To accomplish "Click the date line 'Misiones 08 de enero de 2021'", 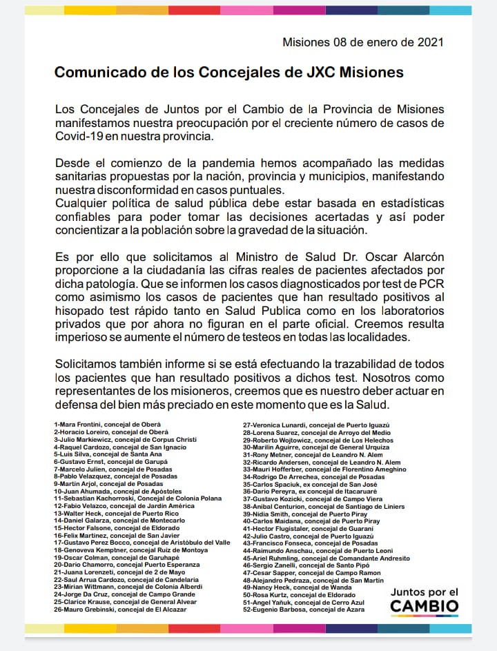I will [x=362, y=42].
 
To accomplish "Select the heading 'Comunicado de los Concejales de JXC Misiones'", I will [x=229, y=72].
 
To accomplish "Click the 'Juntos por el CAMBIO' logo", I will [x=424, y=601].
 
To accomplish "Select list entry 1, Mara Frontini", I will [x=107, y=423].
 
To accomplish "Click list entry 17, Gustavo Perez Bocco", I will [x=142, y=543].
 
